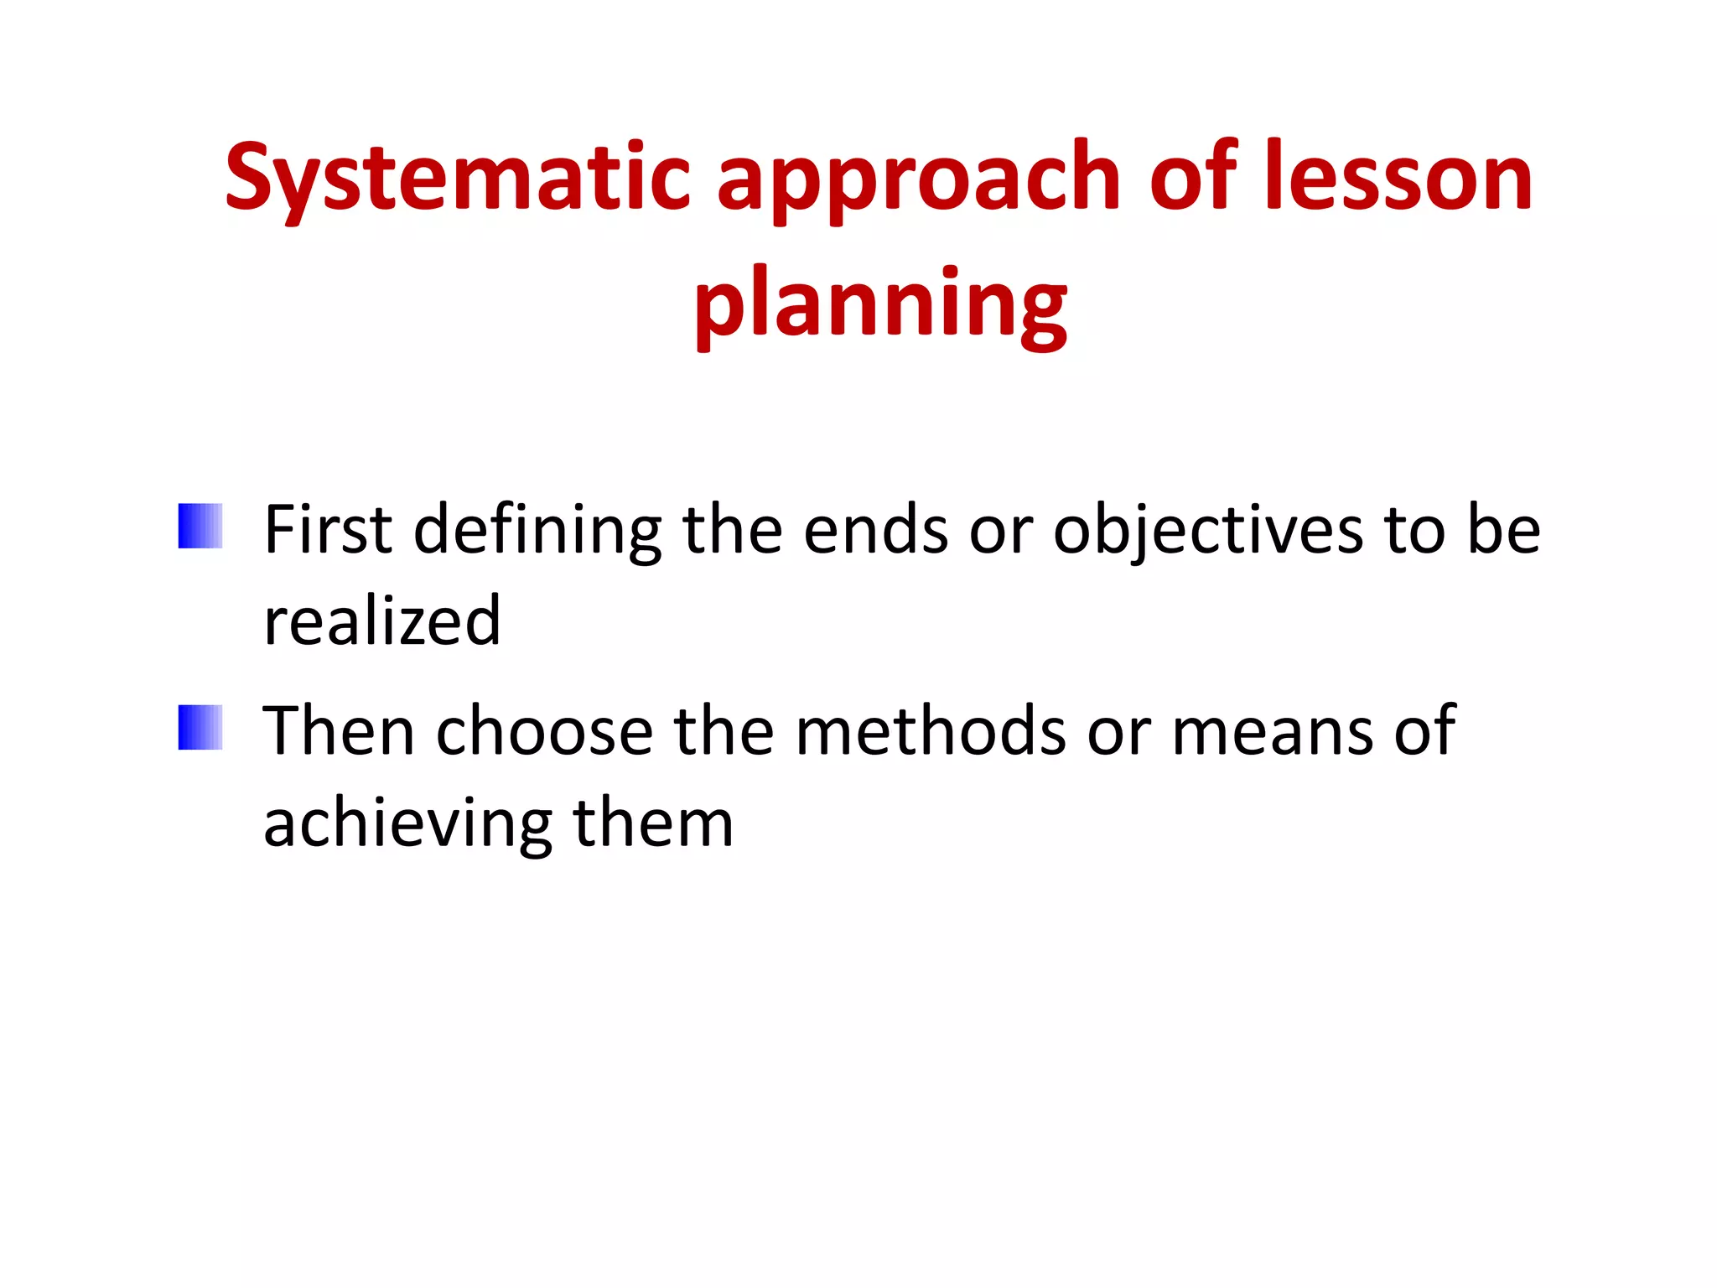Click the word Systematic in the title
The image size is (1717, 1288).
457,178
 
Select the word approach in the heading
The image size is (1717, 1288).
919,178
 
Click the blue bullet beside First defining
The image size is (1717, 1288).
200,526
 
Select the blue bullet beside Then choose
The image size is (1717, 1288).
200,727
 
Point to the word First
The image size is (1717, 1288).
328,530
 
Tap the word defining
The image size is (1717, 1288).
537,530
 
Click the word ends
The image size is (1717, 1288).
875,530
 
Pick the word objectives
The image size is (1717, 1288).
1207,530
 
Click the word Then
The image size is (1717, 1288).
339,731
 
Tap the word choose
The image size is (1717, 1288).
544,731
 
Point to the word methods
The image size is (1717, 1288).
930,731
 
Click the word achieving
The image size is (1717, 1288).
407,823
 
